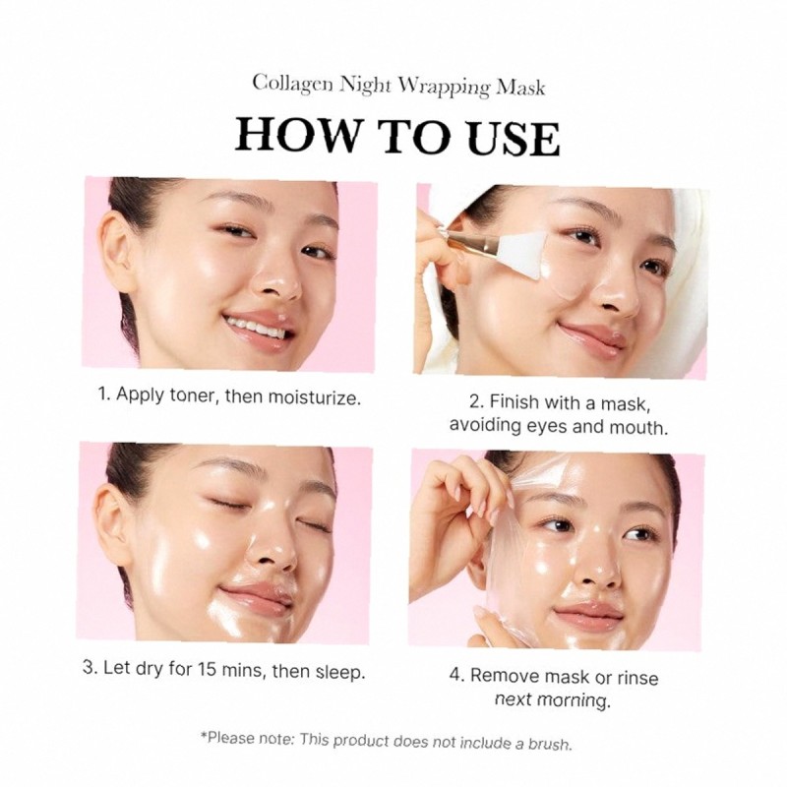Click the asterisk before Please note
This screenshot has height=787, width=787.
(x=203, y=736)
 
